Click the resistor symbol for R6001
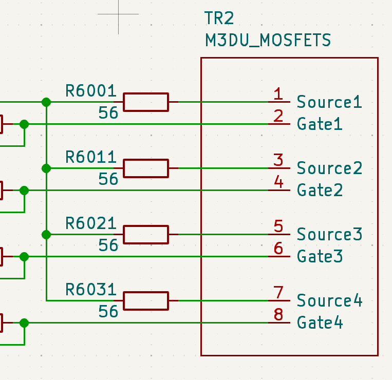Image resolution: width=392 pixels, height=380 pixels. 145,102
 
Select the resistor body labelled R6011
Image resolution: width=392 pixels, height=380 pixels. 145,168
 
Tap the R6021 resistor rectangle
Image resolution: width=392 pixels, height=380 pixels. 145,235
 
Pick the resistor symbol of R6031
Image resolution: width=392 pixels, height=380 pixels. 145,301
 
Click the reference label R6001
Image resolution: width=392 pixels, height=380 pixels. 91,91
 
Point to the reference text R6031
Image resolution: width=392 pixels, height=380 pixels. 91,290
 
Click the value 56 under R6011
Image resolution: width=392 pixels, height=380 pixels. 108,179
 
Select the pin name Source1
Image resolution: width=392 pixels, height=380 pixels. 329,102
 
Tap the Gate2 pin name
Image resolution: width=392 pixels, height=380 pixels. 320,191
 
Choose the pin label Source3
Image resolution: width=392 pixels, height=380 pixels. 329,234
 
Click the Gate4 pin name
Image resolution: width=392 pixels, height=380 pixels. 320,323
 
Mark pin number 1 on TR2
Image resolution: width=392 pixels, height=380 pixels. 278,94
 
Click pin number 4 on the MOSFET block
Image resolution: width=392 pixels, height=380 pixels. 278,182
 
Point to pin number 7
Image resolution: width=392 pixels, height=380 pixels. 278,293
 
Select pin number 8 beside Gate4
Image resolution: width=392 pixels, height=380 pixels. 278,314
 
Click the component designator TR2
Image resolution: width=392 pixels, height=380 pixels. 219,18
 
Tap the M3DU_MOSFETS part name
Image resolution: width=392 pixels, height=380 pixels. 268,40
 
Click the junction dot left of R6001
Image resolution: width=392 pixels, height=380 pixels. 46,102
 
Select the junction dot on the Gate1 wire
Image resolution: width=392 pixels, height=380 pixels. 24,124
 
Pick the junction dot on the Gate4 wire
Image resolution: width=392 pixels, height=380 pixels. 24,323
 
